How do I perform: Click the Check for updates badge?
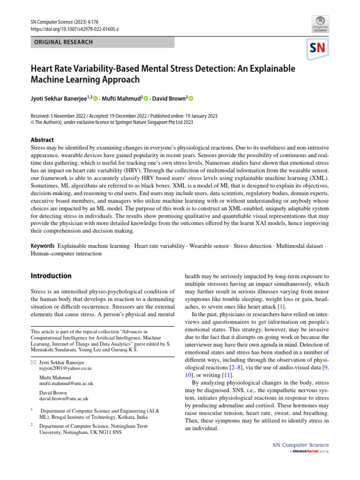click(x=320, y=23)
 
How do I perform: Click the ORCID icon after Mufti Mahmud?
click(x=146, y=99)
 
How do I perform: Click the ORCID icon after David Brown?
click(x=191, y=99)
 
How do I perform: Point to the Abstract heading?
click(x=42, y=140)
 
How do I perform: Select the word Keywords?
click(x=43, y=246)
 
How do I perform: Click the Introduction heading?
click(x=51, y=276)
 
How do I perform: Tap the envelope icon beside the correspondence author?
click(x=33, y=362)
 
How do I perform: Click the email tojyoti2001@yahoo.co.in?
click(x=65, y=368)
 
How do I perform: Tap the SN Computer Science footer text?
click(x=300, y=445)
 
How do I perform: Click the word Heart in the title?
click(x=42, y=68)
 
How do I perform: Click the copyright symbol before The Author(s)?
click(x=33, y=122)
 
